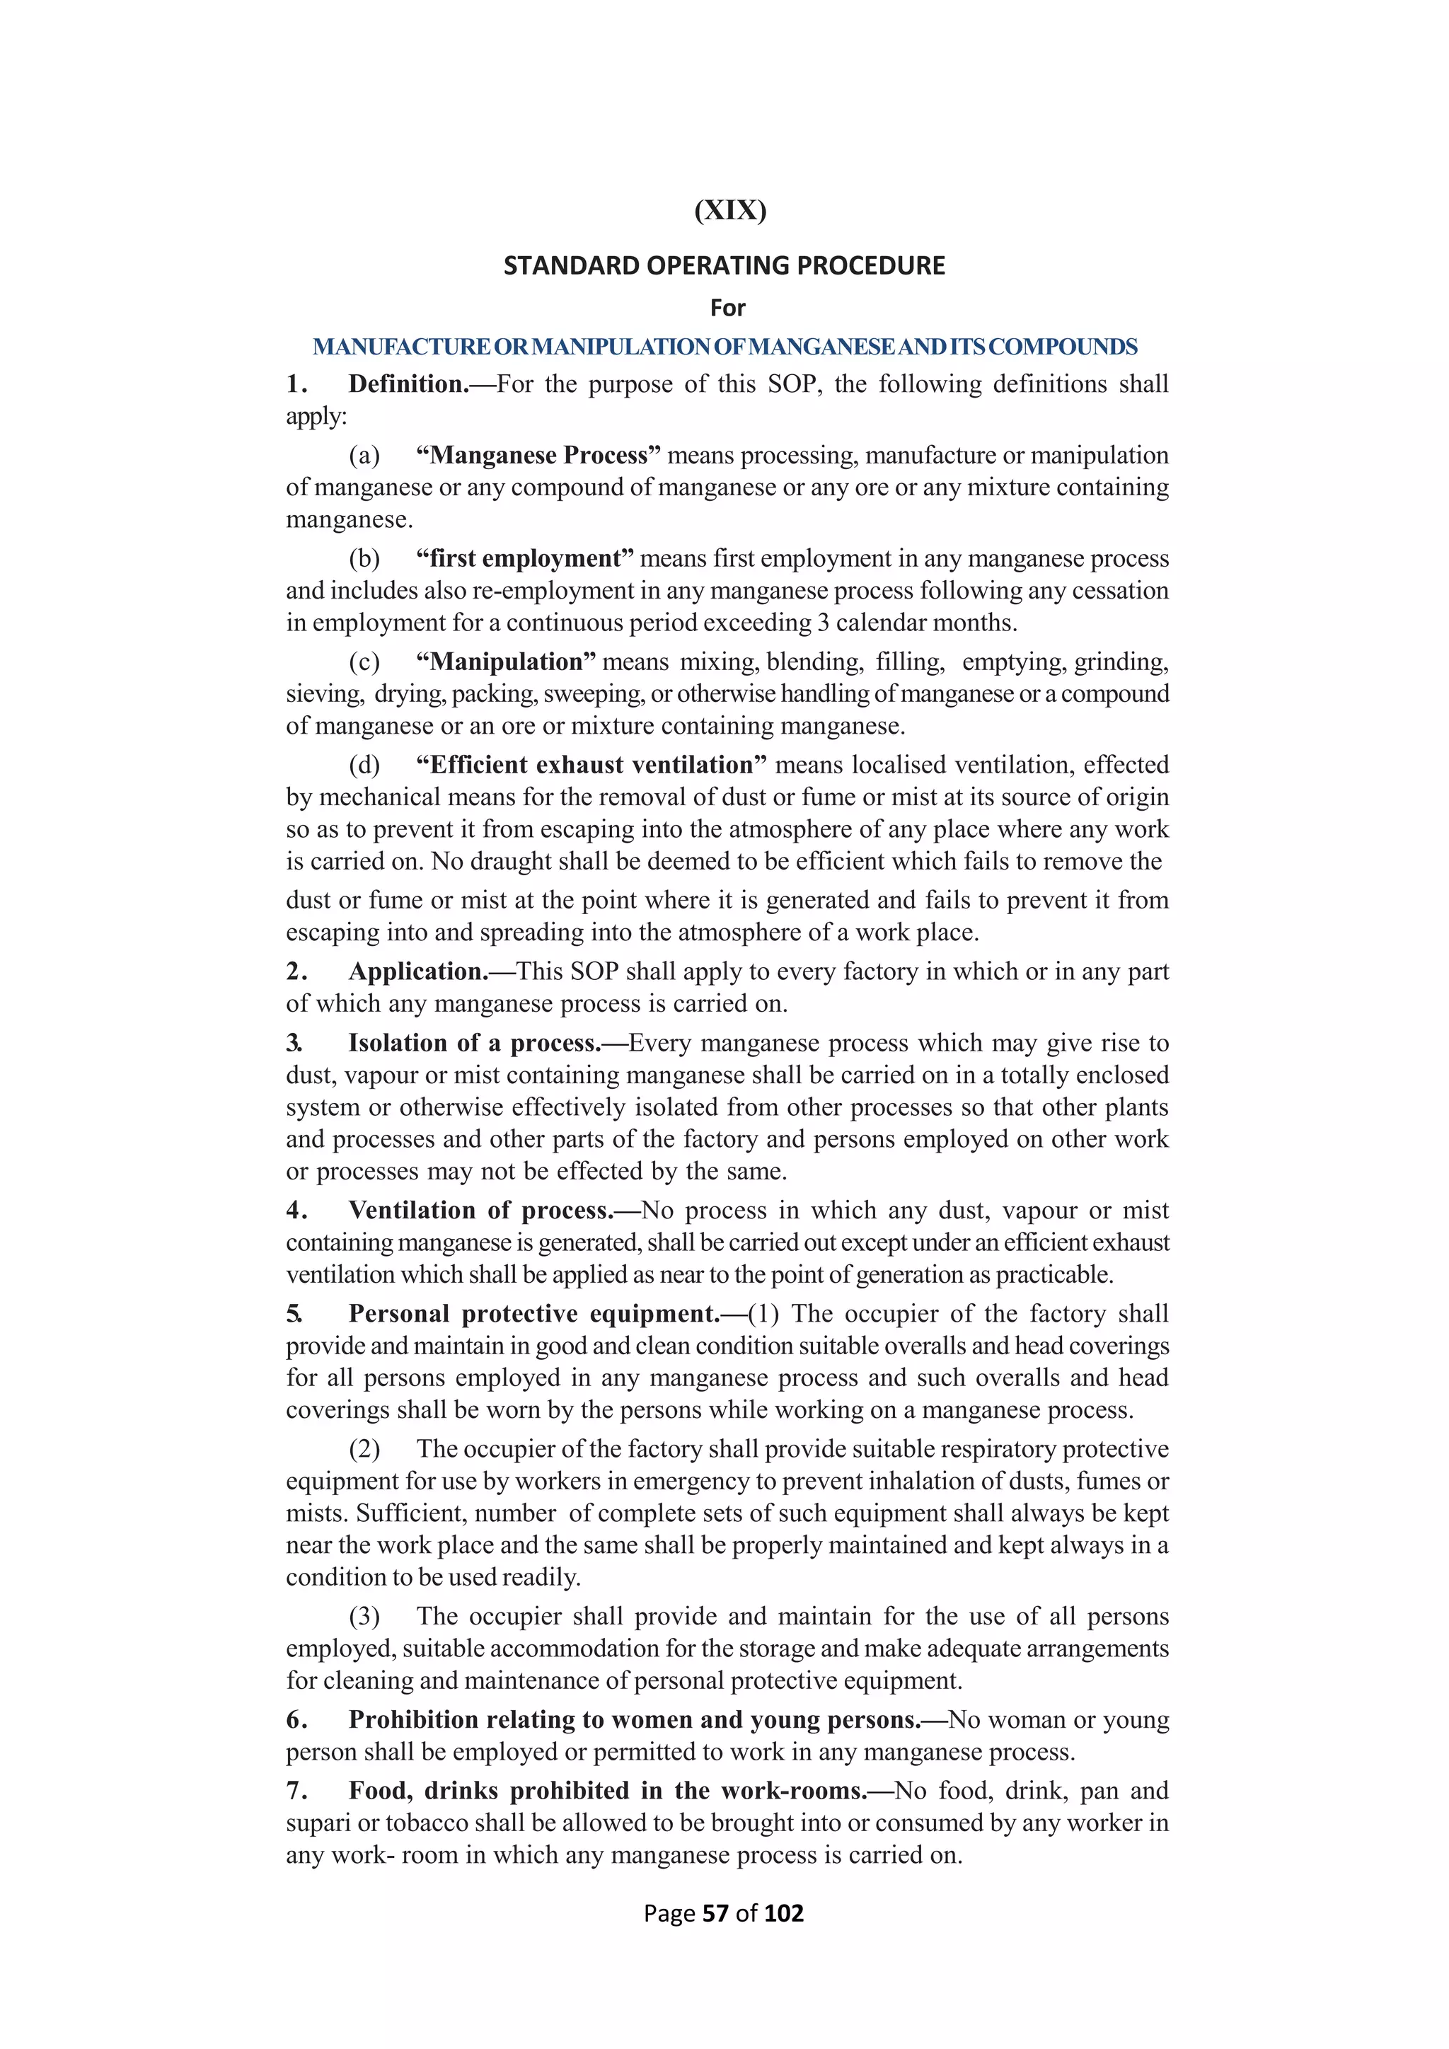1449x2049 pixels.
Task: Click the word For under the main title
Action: (727, 308)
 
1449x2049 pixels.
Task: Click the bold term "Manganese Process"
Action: (538, 455)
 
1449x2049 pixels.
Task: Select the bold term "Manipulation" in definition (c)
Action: (506, 662)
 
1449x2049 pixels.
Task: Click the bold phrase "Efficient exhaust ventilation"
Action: (591, 765)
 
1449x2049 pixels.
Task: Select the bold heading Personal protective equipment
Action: (533, 1314)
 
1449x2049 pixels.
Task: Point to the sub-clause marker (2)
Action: (364, 1449)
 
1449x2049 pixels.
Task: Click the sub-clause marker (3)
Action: (364, 1616)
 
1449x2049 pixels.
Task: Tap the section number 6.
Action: (296, 1720)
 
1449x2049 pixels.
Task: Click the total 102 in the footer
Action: (783, 1913)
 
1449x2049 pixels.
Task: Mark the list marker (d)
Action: (364, 765)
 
